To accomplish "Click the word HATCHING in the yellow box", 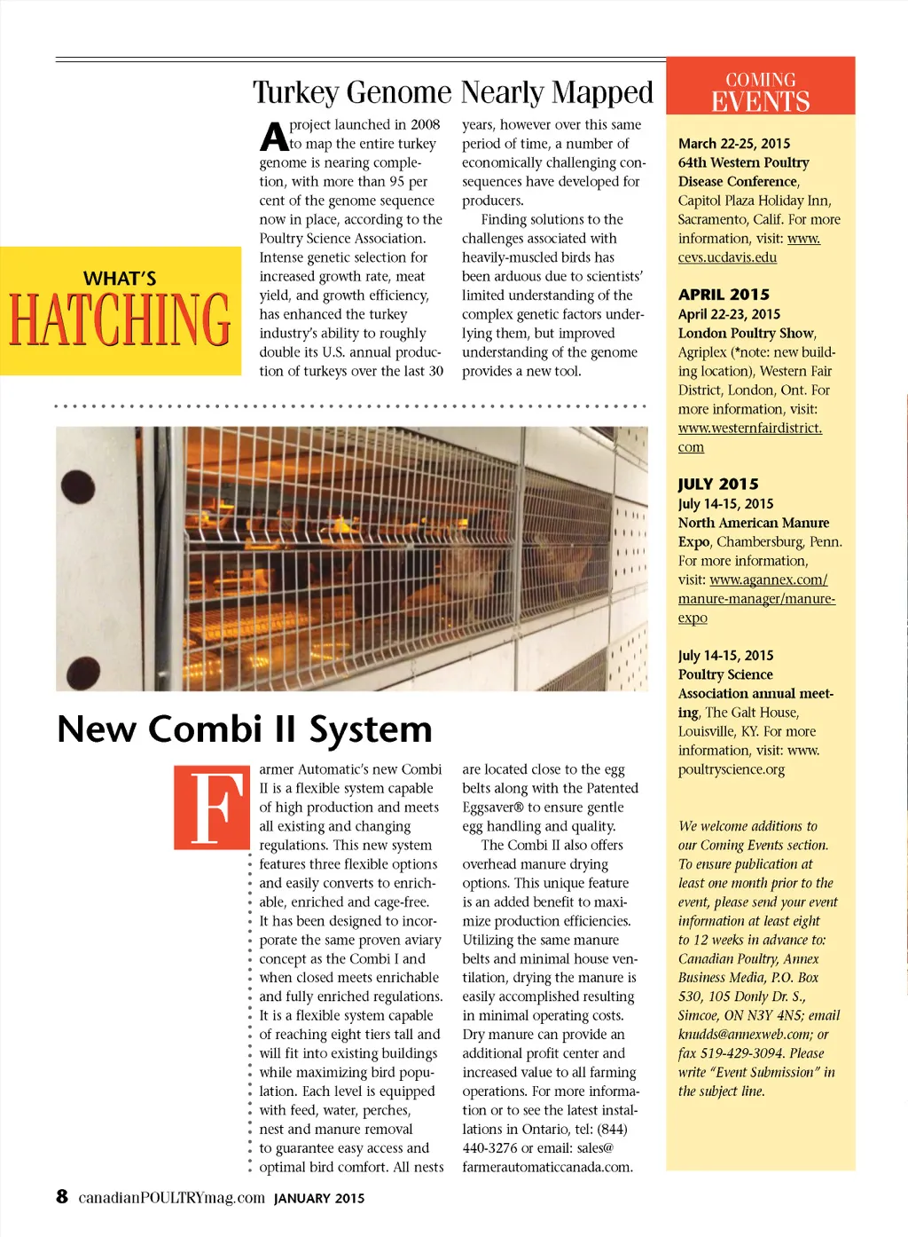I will click(x=120, y=319).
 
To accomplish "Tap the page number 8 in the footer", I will click(x=62, y=1196).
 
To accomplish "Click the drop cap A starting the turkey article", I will click(x=274, y=137).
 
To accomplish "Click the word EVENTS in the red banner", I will click(x=760, y=101).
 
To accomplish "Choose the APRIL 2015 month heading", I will click(x=724, y=295).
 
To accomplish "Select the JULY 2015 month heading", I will click(x=718, y=485).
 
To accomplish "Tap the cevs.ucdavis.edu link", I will click(x=727, y=257).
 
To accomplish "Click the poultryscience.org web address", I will click(x=732, y=769).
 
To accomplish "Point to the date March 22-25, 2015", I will click(x=734, y=144).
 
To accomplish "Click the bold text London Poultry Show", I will click(x=746, y=334).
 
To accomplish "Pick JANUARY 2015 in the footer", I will click(x=319, y=1198).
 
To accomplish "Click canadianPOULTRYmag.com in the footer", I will click(x=172, y=1198).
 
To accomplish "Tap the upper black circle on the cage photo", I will click(x=78, y=486).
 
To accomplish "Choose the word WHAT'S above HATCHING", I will click(x=120, y=279).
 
